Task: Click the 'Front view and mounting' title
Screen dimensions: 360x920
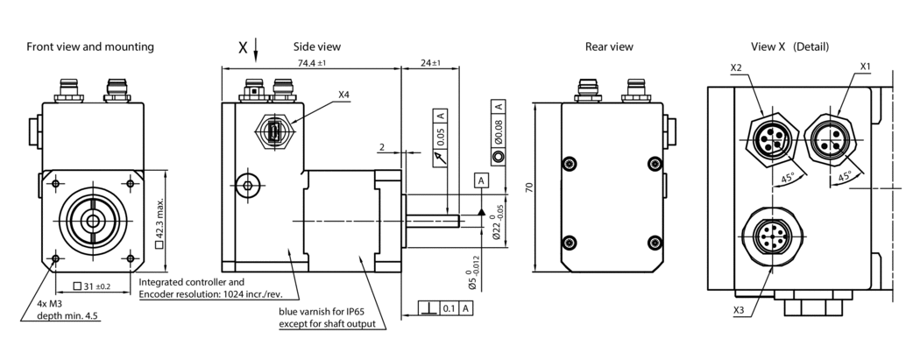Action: coord(90,46)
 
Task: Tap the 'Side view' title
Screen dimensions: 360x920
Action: coord(317,46)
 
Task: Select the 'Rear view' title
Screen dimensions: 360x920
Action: coord(609,46)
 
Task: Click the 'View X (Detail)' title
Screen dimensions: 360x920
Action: coord(789,46)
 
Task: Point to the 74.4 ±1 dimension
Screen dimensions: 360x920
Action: coord(311,63)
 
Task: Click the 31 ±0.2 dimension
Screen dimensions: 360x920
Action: coord(92,286)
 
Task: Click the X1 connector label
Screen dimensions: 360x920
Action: coord(865,67)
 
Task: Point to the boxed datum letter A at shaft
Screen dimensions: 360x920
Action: coord(480,180)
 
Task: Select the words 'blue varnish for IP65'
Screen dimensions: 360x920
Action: coord(327,312)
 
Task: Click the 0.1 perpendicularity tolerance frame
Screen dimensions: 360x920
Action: coord(447,308)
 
